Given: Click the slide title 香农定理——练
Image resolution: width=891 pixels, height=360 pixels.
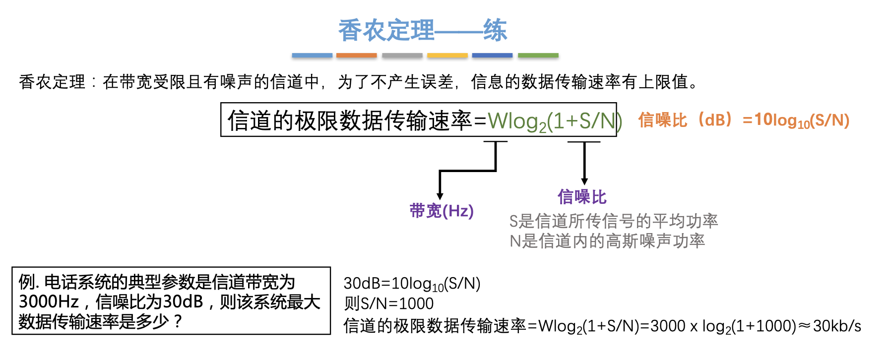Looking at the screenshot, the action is coord(423,30).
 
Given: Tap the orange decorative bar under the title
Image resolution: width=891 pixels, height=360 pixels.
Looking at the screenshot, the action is coord(356,56).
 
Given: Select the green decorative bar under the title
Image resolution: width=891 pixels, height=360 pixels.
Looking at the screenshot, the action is coord(538,56).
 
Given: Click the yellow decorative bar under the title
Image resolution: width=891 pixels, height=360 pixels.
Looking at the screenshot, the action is coord(447,56).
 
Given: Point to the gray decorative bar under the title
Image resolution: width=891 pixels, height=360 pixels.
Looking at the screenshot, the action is coord(402,56).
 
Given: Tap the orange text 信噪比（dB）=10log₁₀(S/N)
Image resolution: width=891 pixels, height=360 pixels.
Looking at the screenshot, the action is coord(744,120).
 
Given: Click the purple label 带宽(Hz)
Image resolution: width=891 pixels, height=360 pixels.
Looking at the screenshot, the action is coord(442,211).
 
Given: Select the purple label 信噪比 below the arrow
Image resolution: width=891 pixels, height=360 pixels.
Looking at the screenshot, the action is coord(582,197).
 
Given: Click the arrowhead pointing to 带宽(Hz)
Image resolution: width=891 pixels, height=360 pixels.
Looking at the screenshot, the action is coord(440,196).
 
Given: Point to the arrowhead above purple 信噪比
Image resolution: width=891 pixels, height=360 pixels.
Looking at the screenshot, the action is coord(584,181).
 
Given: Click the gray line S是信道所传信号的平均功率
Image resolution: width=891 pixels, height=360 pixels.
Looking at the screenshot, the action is coord(614,221).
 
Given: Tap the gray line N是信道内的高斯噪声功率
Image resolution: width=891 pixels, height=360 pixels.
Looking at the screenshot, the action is coord(607,241).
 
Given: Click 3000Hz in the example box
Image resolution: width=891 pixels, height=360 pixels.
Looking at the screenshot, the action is coord(49,301).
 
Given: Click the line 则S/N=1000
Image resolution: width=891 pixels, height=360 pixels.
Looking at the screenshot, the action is coord(389,303).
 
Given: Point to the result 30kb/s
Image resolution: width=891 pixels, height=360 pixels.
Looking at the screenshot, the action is coord(837,326).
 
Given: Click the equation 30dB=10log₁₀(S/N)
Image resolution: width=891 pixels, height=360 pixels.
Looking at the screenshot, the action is coord(412,284).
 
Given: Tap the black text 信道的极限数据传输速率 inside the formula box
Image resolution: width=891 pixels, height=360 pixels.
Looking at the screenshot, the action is coord(350,120).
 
